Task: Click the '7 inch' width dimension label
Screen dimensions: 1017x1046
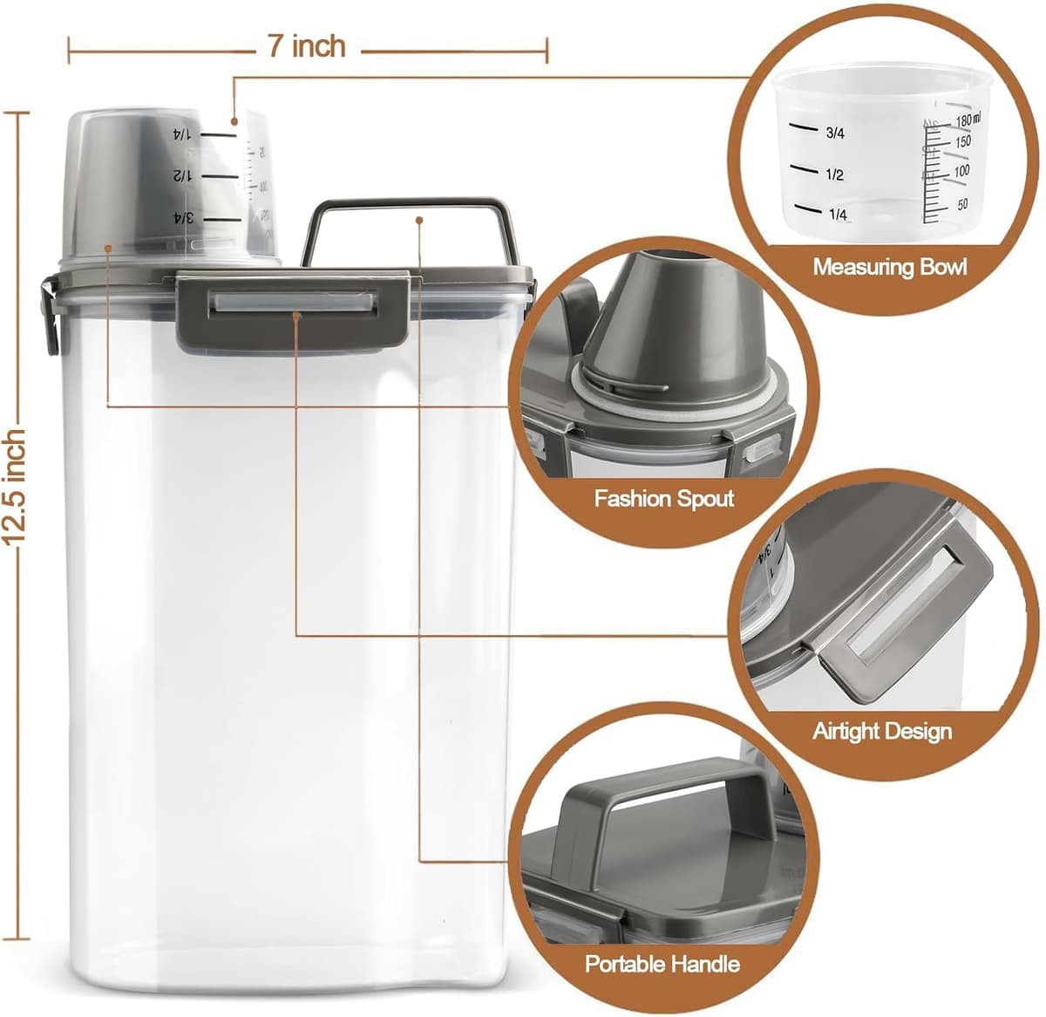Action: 307,47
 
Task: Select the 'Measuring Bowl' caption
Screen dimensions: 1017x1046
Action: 889,267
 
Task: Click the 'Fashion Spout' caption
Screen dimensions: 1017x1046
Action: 663,499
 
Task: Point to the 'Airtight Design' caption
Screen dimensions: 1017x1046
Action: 881,731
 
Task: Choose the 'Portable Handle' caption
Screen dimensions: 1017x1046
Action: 662,965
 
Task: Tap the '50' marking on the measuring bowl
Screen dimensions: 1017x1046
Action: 962,204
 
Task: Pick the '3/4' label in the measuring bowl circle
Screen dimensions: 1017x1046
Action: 834,133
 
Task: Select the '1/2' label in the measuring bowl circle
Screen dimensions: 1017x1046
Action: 834,175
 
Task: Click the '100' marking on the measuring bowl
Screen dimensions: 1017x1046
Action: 961,171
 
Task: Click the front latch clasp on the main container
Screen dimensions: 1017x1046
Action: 293,308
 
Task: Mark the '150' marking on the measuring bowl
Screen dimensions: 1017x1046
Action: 962,141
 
